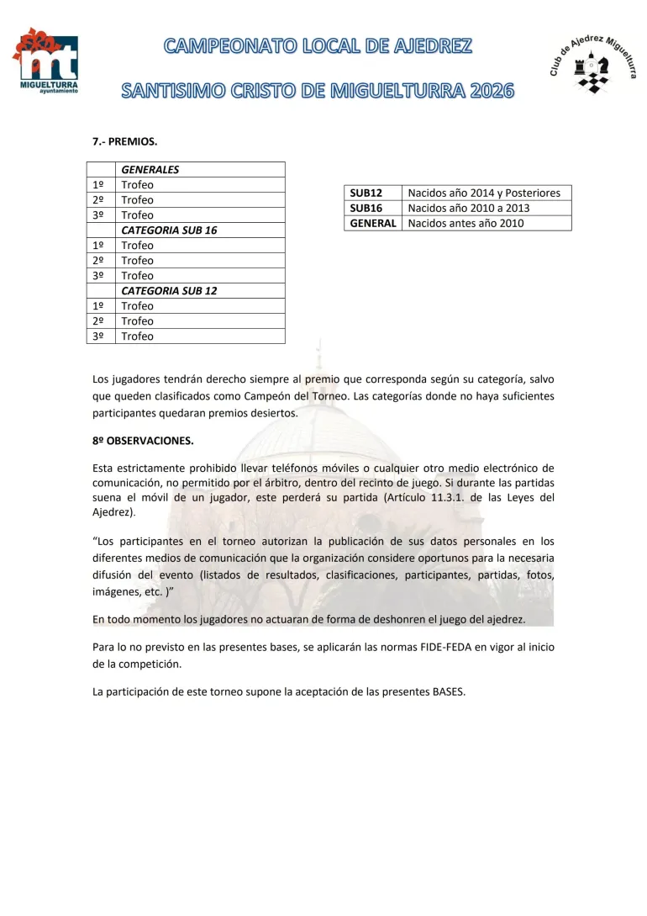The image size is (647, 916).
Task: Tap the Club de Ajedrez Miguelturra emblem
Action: click(592, 61)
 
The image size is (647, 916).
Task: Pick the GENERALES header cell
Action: click(150, 170)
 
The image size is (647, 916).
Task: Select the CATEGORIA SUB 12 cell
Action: click(170, 291)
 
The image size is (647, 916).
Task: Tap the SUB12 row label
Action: click(366, 193)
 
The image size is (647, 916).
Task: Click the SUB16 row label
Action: click(366, 209)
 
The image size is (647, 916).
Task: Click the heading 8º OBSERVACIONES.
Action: click(143, 440)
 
